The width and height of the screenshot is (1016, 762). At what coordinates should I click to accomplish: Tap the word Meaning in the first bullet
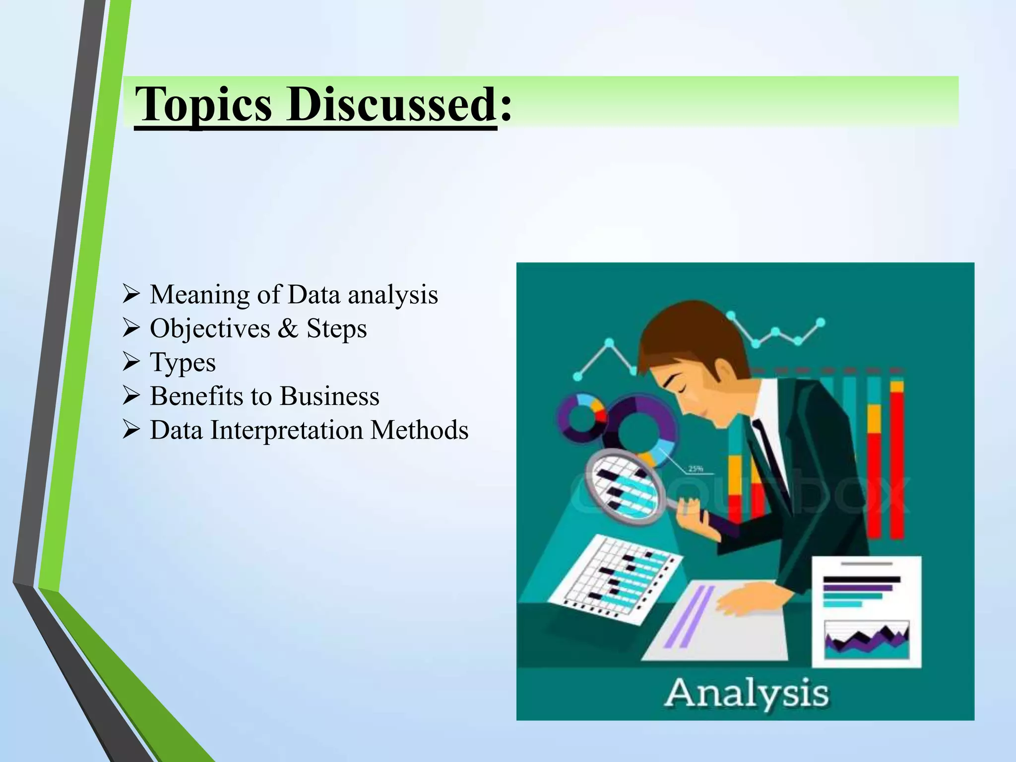200,295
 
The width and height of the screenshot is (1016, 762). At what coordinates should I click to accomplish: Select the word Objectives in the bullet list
210,329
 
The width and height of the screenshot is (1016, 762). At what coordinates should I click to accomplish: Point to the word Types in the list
183,363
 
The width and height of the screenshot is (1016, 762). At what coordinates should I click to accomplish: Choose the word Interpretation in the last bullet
287,430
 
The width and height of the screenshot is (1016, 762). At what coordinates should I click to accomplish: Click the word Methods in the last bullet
419,430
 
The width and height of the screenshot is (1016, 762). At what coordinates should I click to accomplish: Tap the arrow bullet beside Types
131,362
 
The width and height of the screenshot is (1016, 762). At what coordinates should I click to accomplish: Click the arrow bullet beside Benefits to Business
131,395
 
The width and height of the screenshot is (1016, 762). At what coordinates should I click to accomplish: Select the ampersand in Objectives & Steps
288,328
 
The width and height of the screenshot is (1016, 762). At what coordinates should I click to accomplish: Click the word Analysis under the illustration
746,693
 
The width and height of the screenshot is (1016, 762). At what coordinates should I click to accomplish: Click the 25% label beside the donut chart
695,468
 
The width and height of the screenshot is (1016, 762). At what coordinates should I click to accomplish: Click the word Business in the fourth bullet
329,396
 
